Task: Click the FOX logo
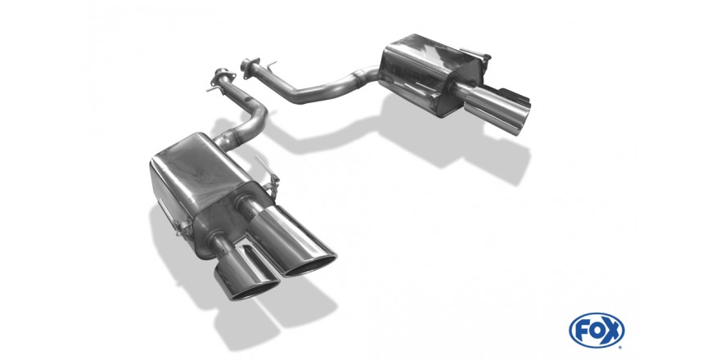[x=596, y=331]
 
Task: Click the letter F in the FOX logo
[x=582, y=331]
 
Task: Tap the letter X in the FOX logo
[x=613, y=331]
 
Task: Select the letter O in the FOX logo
[x=596, y=331]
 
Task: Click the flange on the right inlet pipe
[x=250, y=65]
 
